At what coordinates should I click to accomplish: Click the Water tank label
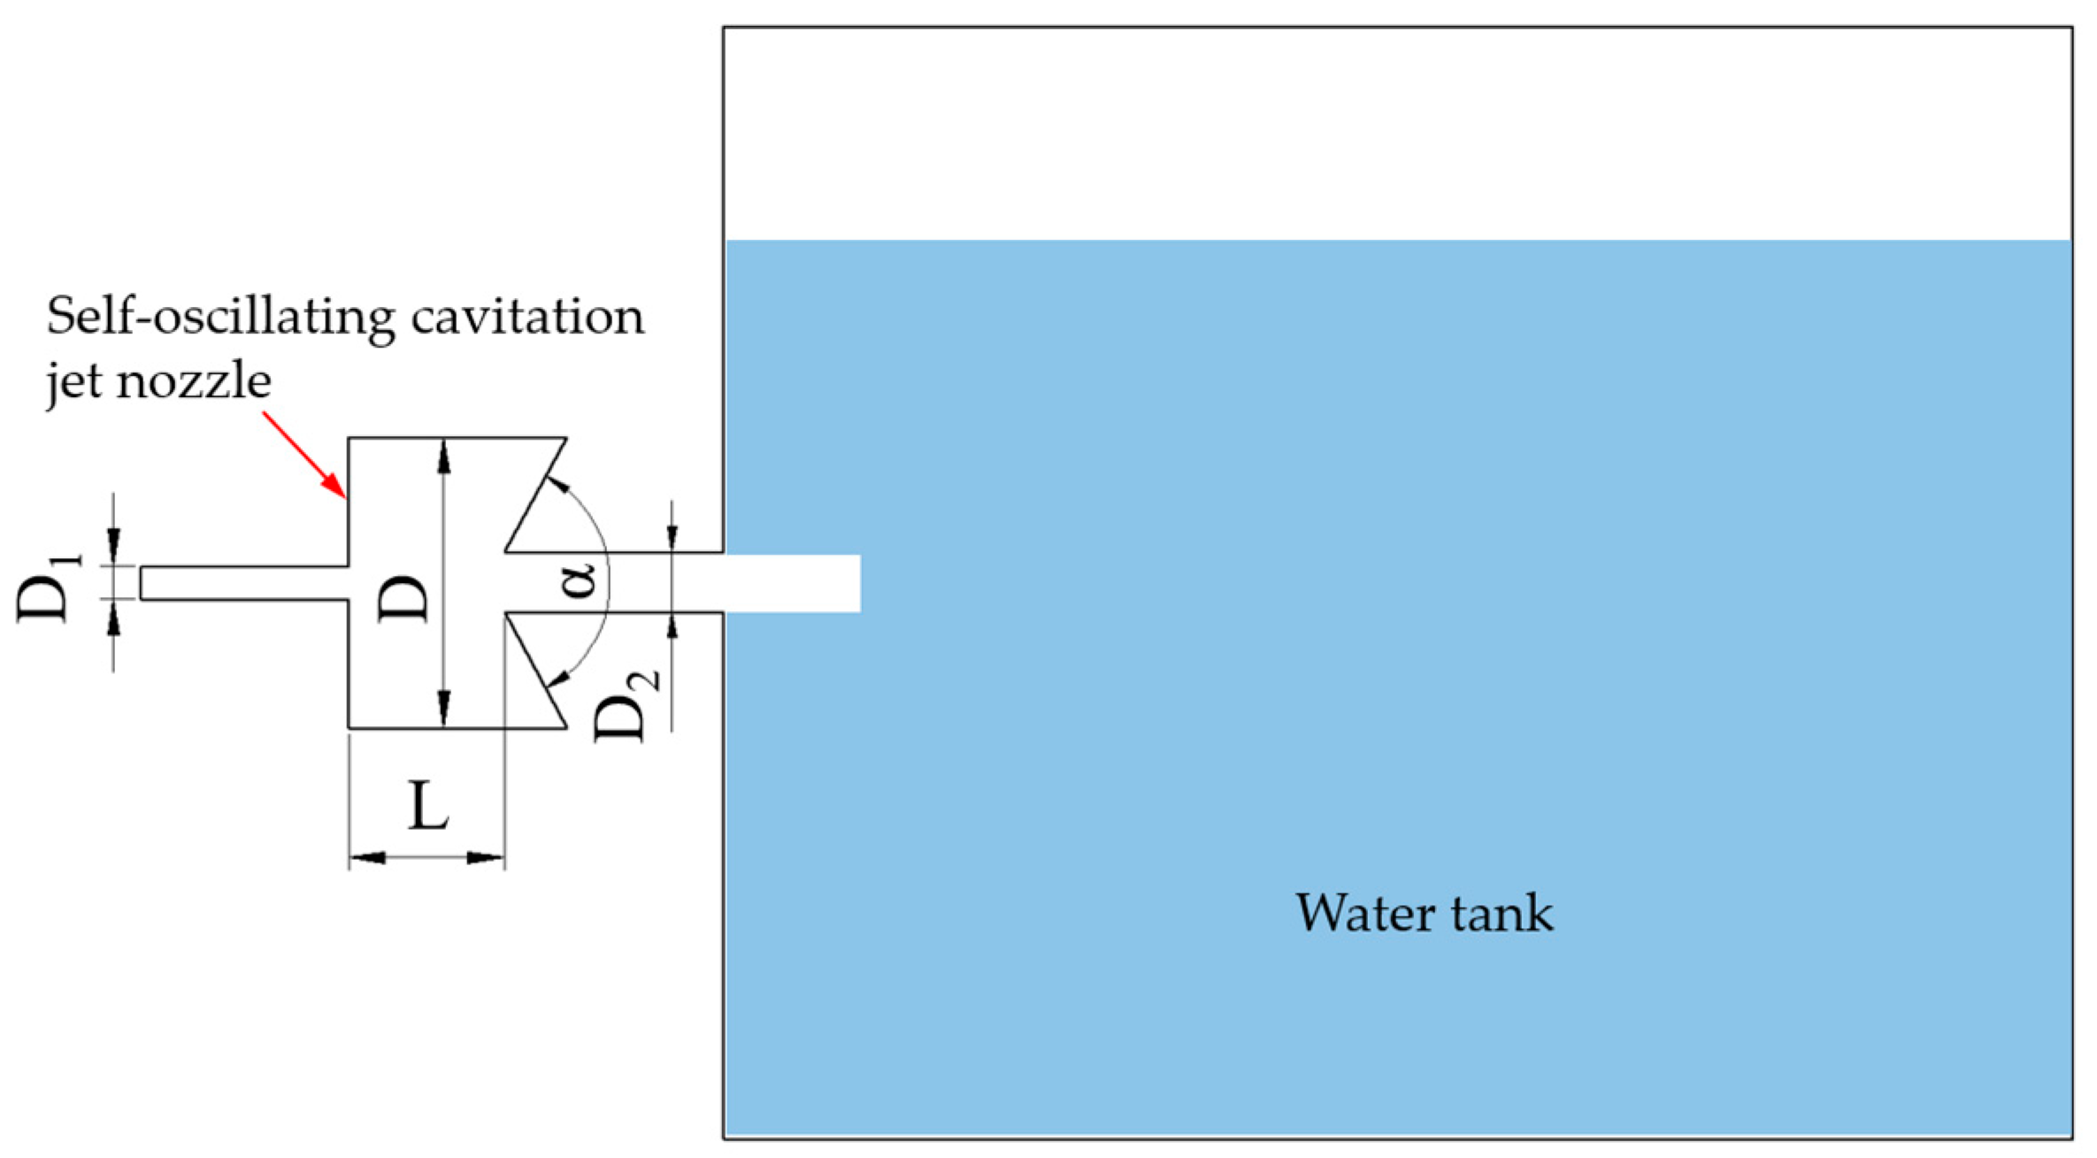1424,913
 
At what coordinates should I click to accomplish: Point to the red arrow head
335,486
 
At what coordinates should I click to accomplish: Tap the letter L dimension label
427,806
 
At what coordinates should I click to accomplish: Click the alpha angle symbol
580,581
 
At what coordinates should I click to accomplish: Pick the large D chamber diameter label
403,598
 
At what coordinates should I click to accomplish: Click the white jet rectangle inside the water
792,583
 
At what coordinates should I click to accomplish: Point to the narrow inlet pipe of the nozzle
243,583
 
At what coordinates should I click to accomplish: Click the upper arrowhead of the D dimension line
444,456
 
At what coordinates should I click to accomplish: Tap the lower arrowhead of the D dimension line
444,709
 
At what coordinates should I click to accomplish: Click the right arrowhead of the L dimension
486,857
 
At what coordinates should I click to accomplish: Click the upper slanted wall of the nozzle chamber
535,495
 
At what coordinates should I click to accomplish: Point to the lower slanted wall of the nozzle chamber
535,670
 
